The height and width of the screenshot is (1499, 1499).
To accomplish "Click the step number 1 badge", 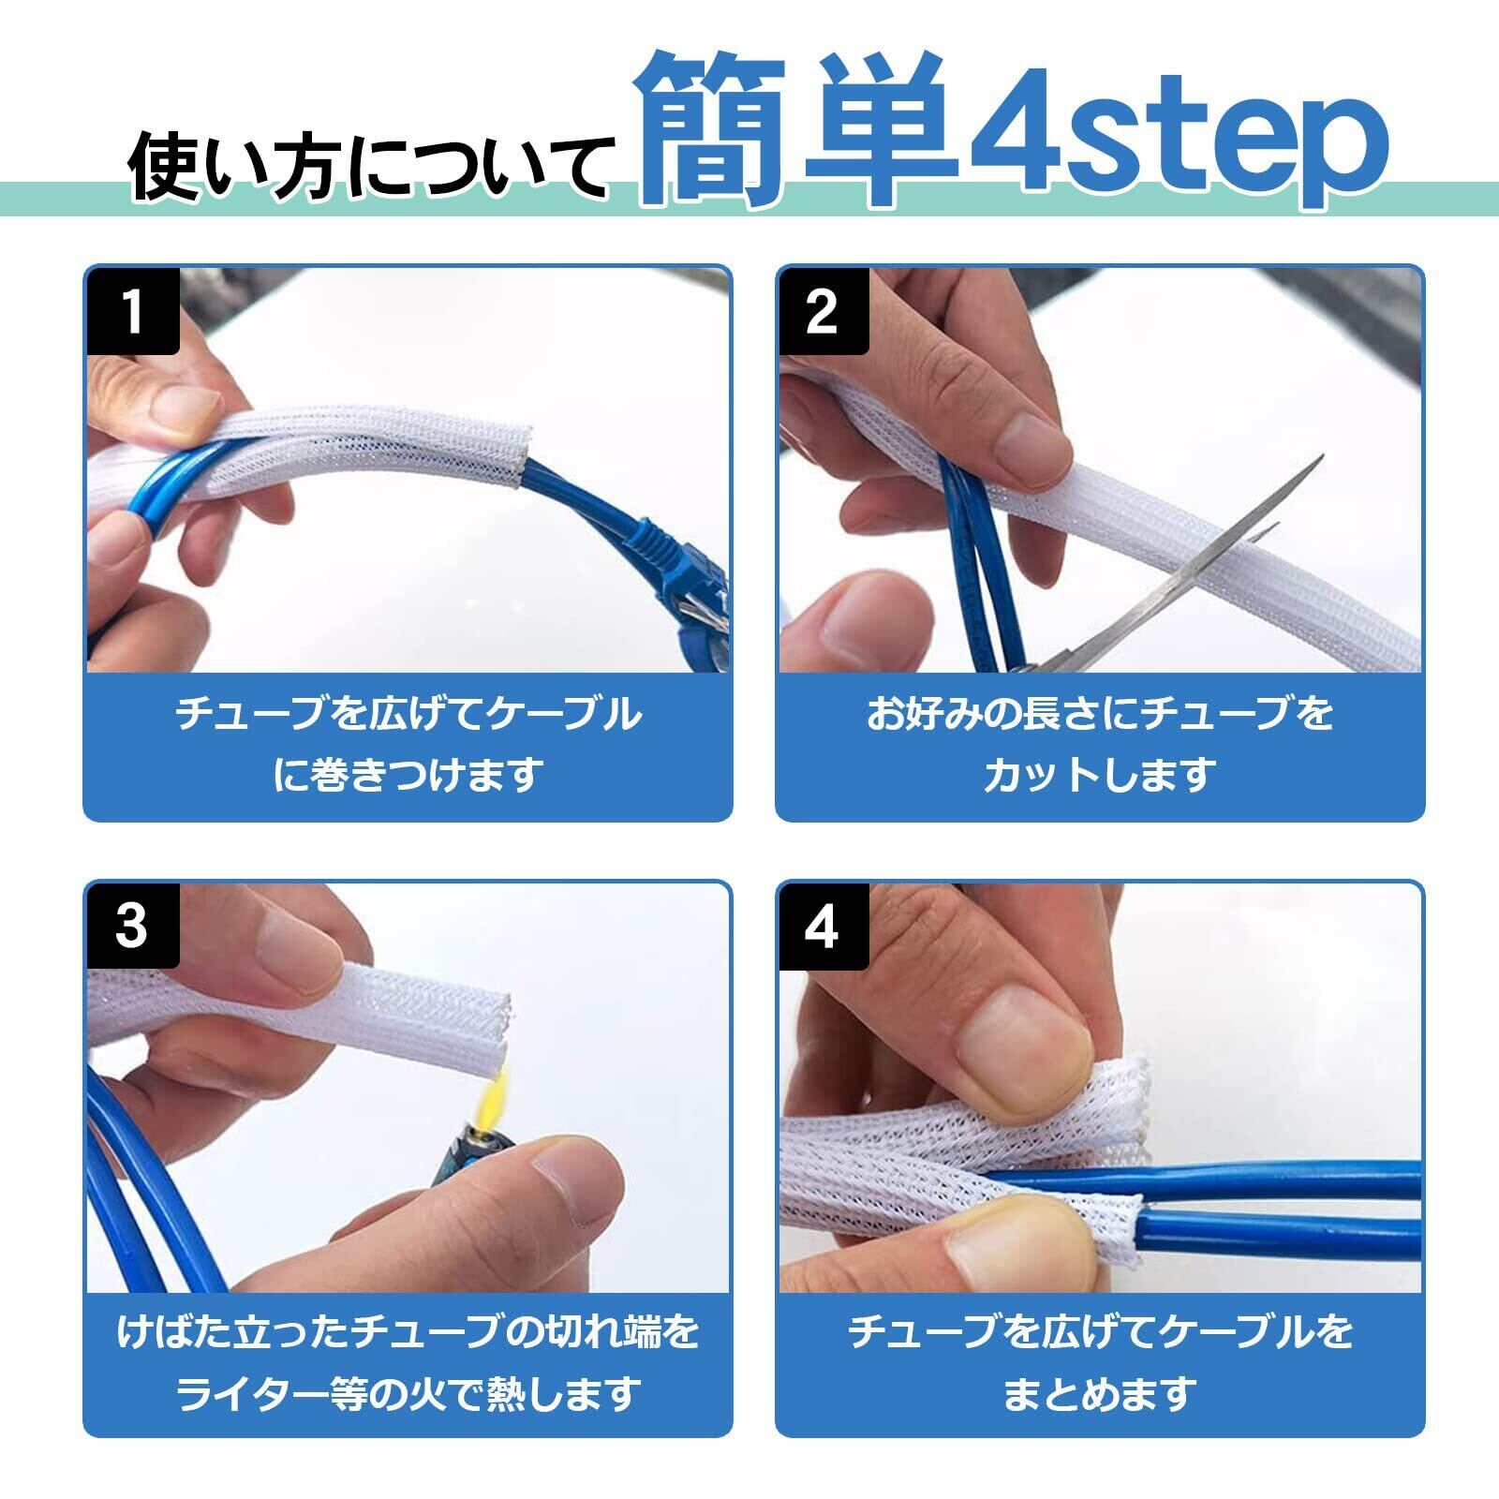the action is [133, 311].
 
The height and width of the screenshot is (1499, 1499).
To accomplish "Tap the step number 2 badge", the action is [824, 311].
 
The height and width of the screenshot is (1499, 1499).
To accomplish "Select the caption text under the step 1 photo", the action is [408, 745].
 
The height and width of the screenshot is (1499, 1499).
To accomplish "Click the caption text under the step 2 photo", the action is [1099, 745].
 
